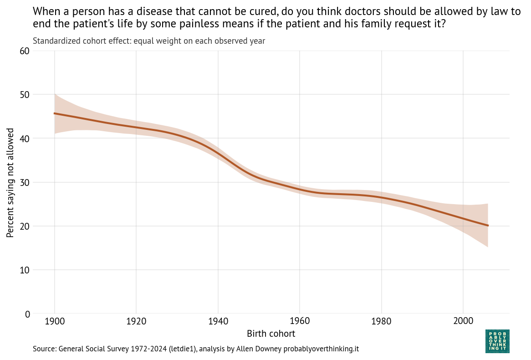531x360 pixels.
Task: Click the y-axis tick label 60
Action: click(x=25, y=51)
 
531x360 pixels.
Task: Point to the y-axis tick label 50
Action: click(x=25, y=95)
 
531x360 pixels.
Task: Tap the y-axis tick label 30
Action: click(x=25, y=182)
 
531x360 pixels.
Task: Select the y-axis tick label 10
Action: click(x=25, y=270)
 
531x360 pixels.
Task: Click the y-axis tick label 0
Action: click(x=27, y=314)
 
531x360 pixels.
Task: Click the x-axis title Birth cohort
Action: click(x=271, y=334)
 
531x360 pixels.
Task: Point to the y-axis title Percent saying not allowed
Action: click(x=10, y=182)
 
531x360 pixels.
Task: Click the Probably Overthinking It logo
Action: click(x=497, y=341)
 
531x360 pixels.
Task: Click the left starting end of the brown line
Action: click(x=55, y=113)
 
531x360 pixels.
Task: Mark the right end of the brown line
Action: click(x=488, y=226)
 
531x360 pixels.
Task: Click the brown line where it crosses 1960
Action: click(x=300, y=189)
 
